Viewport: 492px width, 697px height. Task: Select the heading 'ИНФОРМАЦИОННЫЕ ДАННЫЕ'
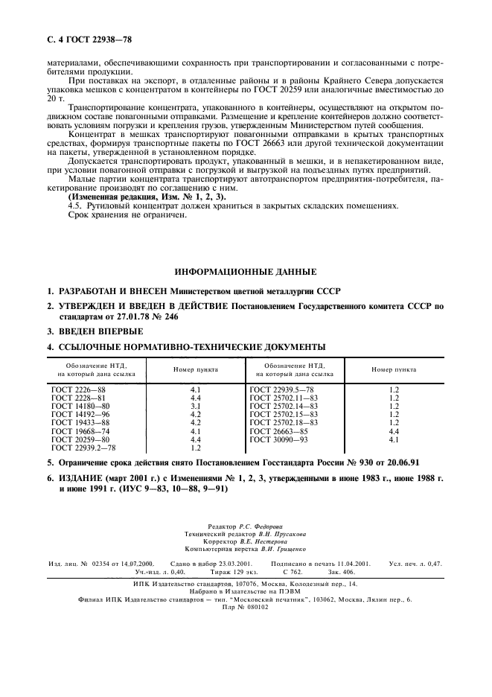245,271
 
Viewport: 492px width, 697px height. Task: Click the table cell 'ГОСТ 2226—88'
78,389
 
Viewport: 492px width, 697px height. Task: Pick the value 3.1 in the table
196,406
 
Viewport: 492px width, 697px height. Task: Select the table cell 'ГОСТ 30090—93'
278,440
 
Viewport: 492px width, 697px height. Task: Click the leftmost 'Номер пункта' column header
196,369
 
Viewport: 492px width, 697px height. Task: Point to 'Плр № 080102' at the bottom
245,607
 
